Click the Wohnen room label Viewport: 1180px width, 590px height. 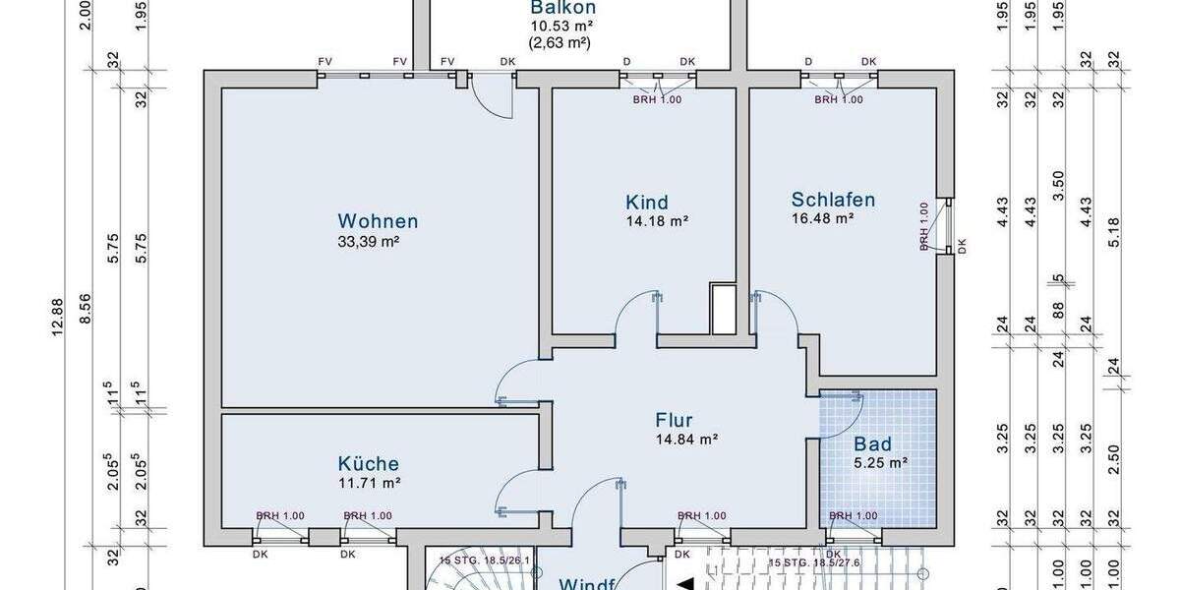point(378,221)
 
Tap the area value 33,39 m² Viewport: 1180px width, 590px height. point(369,241)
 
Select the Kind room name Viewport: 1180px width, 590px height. point(646,203)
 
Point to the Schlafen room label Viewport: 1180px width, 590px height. point(833,200)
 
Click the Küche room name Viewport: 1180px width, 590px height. point(369,463)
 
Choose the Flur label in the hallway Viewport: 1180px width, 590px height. point(674,421)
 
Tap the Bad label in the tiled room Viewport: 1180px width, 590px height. point(872,443)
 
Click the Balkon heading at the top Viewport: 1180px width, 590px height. point(563,8)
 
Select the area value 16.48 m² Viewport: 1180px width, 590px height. point(823,219)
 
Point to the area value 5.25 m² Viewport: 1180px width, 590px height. point(879,461)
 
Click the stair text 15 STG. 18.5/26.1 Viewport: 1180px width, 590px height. point(486,560)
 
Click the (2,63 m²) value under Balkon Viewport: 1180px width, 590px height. point(559,42)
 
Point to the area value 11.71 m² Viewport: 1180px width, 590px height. point(369,483)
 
